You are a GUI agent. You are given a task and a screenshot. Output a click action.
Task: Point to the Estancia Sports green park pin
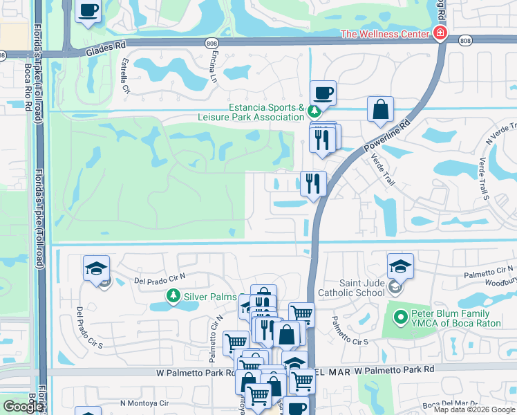click(314, 111)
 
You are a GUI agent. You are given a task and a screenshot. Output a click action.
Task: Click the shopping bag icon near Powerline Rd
click(380, 109)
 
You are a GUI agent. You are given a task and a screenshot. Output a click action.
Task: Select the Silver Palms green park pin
click(173, 296)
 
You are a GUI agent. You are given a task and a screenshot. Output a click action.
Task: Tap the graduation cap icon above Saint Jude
click(400, 266)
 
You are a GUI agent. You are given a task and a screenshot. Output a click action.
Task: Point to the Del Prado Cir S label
click(89, 327)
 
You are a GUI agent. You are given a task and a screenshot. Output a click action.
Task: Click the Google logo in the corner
click(23, 407)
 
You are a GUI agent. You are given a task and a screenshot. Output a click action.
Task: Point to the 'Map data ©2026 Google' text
click(473, 409)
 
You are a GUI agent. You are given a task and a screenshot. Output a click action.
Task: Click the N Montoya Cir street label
click(144, 403)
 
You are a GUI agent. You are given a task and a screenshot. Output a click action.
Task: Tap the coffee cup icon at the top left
click(88, 11)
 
